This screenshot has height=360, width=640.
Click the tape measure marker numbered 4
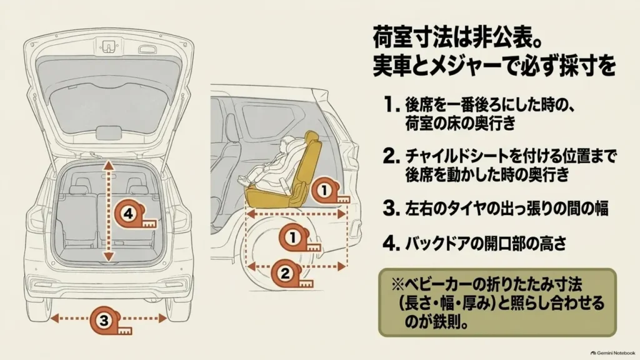(x=133, y=215)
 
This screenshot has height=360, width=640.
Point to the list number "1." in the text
(x=391, y=105)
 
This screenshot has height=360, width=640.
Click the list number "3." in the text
(x=391, y=208)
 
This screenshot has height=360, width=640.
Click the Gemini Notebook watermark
(x=613, y=353)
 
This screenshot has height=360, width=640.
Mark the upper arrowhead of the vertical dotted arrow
(x=108, y=165)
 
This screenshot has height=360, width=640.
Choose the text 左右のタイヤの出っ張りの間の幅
(x=506, y=208)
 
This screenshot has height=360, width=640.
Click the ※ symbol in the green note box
(x=397, y=283)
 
